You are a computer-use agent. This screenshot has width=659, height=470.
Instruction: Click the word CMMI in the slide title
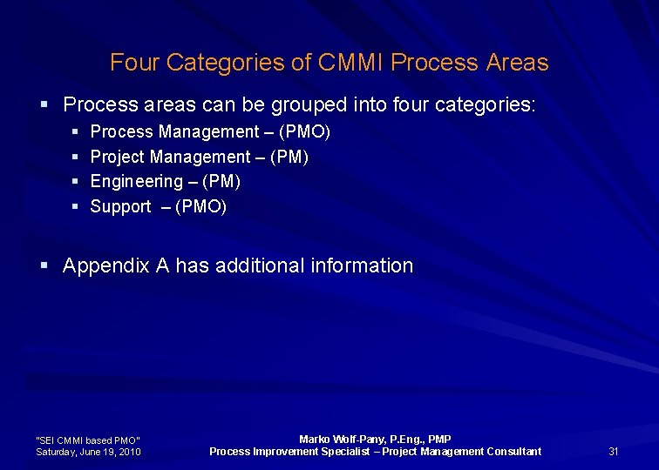tap(352, 63)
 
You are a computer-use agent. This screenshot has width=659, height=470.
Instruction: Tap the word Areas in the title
tap(518, 63)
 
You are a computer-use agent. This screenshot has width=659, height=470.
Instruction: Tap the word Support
tap(120, 207)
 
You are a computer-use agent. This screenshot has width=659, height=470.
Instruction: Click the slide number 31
tap(614, 451)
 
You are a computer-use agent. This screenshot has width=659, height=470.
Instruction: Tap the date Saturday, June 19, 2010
tap(89, 452)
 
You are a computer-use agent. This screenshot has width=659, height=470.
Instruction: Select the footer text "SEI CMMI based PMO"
tap(87, 440)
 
